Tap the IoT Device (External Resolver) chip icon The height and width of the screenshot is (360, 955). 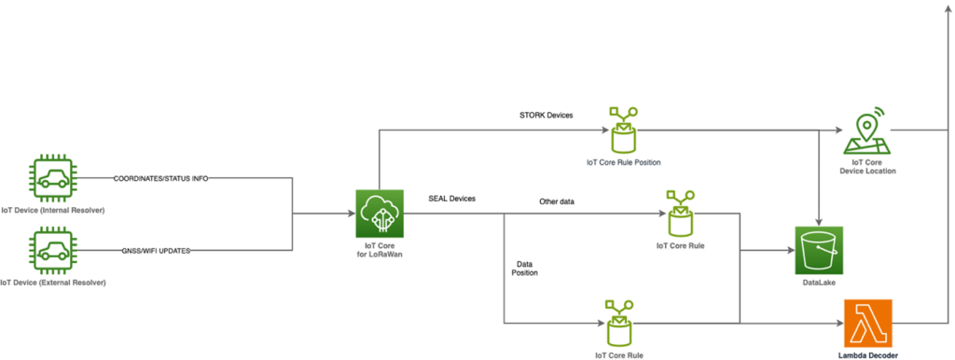point(52,251)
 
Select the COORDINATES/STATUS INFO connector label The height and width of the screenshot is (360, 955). point(160,178)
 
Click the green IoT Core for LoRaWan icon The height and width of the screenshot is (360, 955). point(381,214)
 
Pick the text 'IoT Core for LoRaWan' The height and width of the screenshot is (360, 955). point(381,250)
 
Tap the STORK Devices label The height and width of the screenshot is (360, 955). point(546,116)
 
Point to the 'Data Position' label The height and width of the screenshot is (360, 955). point(525,270)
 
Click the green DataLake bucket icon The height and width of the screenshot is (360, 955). point(818,250)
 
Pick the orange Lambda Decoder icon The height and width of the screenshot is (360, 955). point(867,323)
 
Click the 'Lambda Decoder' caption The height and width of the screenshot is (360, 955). point(867,356)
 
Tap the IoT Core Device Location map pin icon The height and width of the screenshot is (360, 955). point(867,133)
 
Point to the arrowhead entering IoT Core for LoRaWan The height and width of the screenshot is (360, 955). point(351,215)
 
